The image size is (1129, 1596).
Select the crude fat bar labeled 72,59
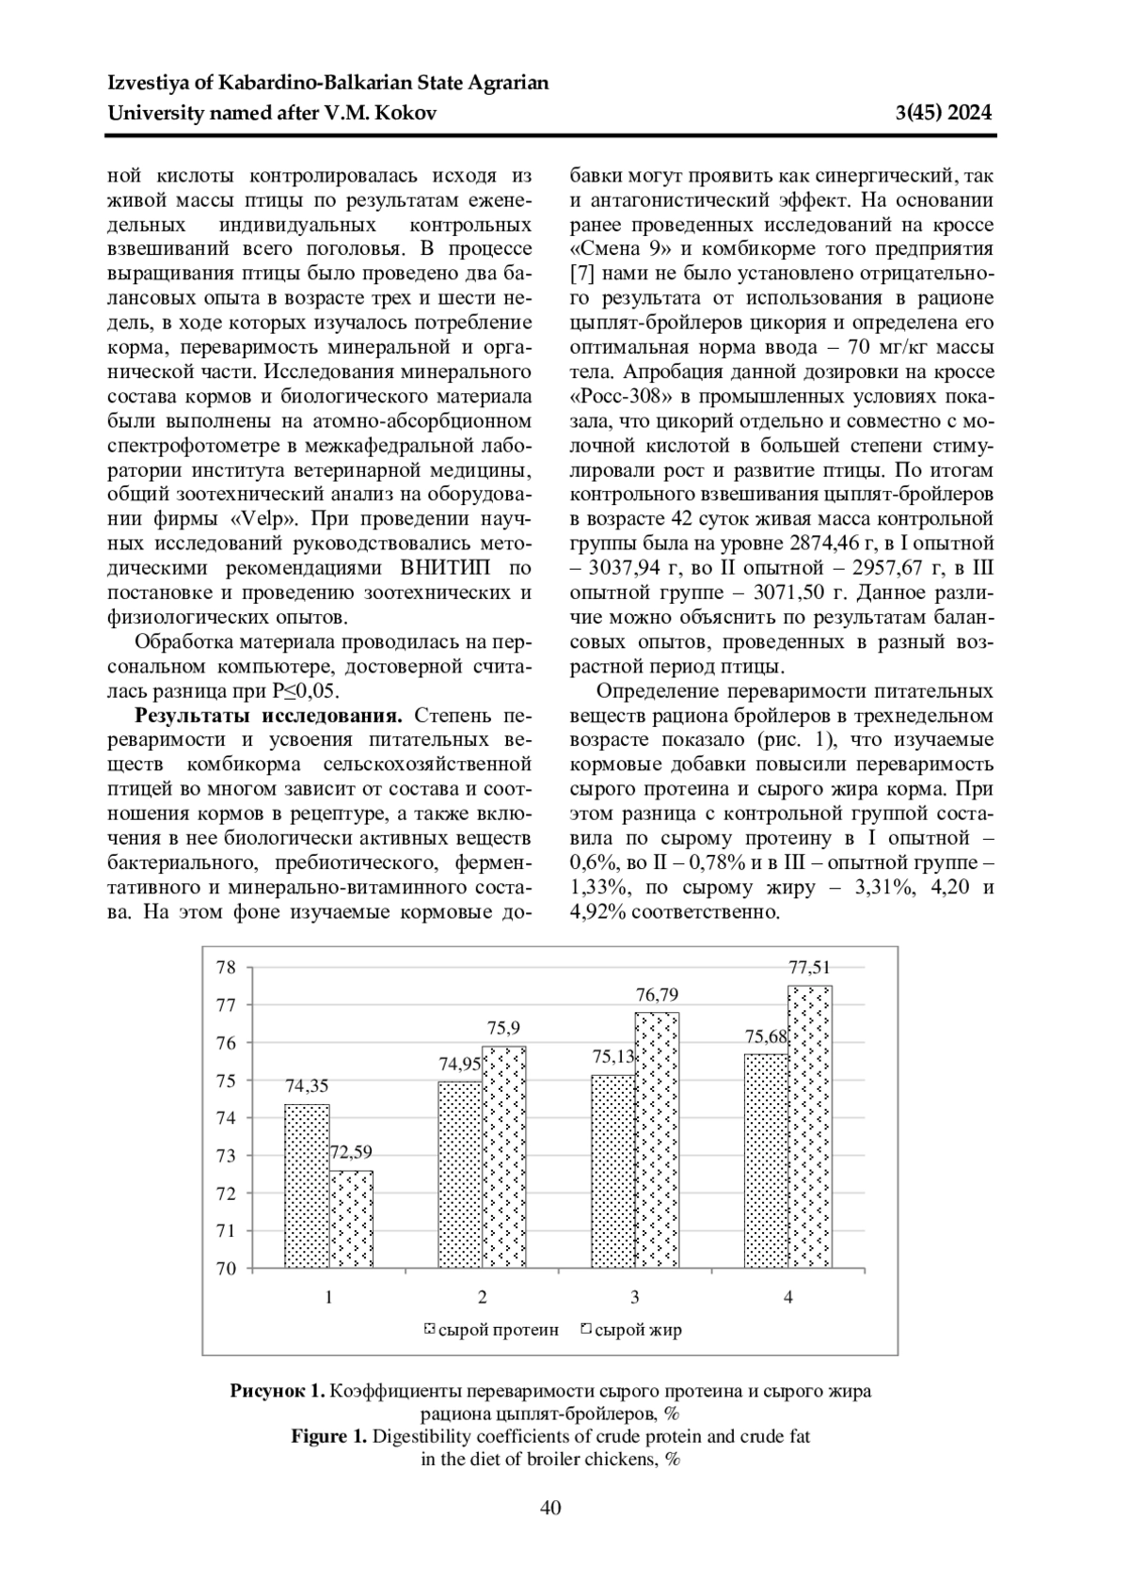(x=351, y=1219)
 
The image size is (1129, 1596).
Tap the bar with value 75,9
(x=504, y=1157)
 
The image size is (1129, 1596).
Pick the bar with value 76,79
(x=657, y=1140)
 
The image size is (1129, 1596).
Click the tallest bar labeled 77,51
(x=810, y=1127)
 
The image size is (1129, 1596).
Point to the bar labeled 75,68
(x=766, y=1161)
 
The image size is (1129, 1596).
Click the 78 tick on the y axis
(x=226, y=967)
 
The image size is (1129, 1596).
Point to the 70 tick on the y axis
(x=226, y=1269)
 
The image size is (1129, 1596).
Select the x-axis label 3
(x=635, y=1298)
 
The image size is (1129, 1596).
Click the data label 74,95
(x=460, y=1065)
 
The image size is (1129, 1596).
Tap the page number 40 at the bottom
(x=550, y=1509)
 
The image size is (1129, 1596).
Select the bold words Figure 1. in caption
(x=328, y=1437)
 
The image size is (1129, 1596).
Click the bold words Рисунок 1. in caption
(x=278, y=1391)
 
